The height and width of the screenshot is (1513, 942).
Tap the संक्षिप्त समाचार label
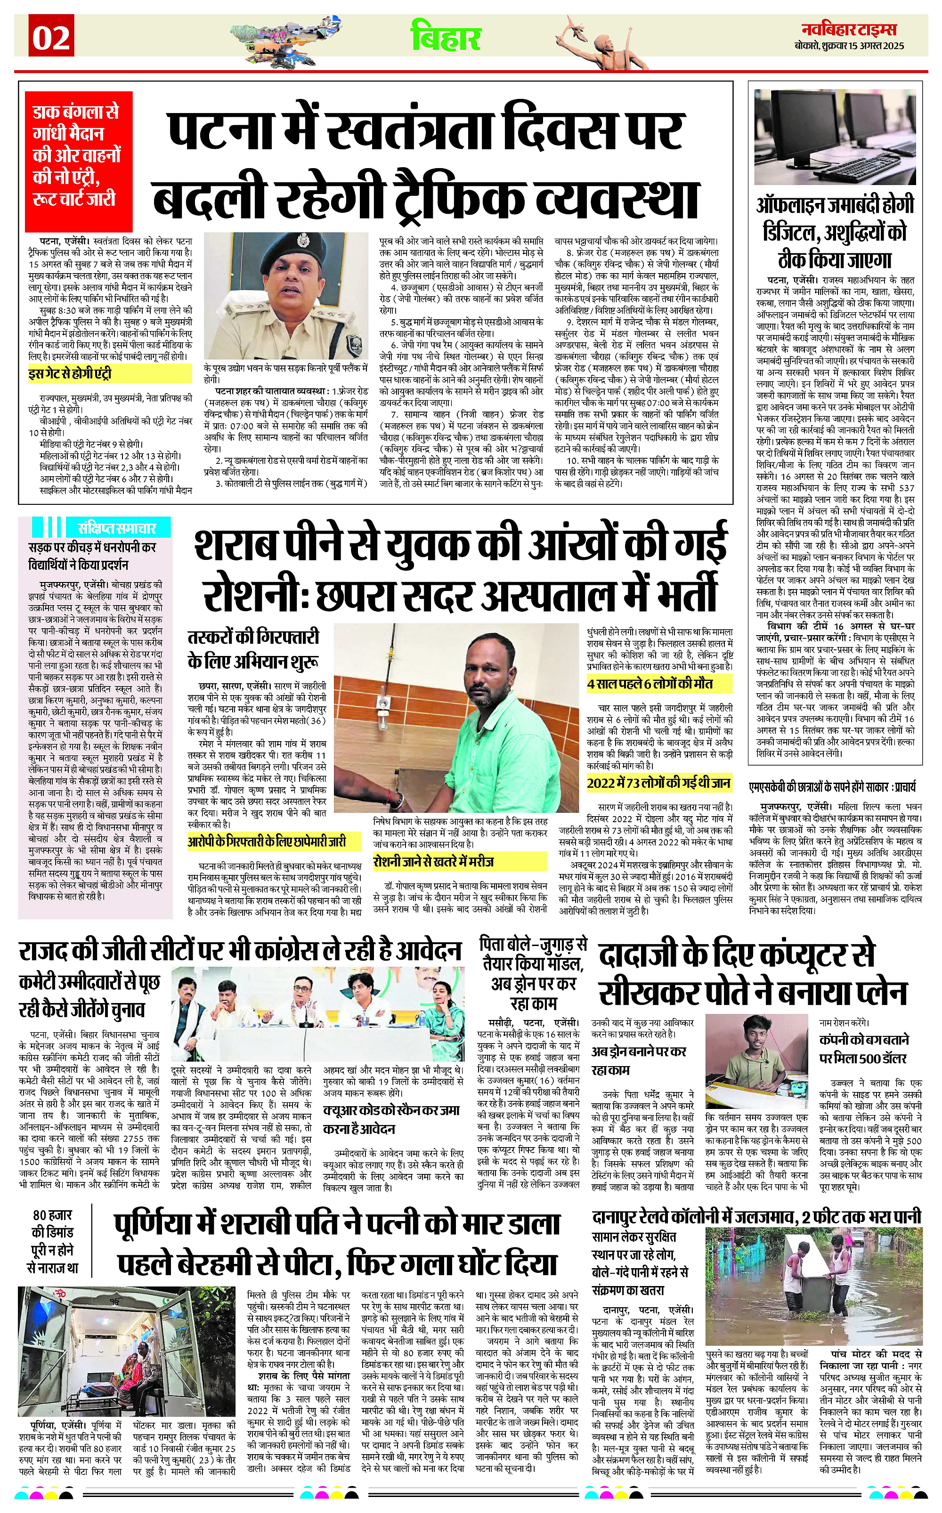[116, 527]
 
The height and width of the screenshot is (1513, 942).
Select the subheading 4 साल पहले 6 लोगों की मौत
[650, 684]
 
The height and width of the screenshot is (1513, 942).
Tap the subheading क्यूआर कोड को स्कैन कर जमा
[391, 1110]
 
